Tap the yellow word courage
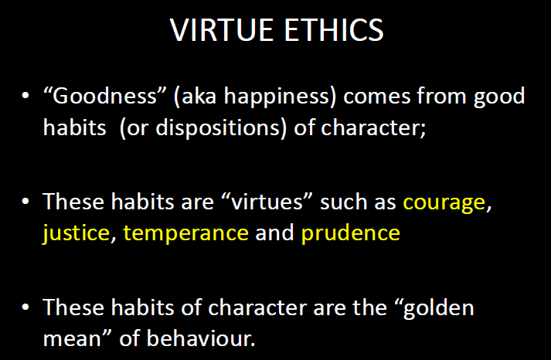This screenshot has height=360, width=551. [x=444, y=203]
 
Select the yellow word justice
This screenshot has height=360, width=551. [x=76, y=233]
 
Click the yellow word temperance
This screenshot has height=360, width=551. [x=185, y=233]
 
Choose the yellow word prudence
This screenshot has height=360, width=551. [x=351, y=233]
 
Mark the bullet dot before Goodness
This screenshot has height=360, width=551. [x=26, y=97]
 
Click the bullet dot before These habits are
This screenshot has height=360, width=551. [x=26, y=203]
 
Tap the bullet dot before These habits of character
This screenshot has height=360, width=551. [x=26, y=307]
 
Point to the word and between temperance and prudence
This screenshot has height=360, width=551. [x=275, y=233]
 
